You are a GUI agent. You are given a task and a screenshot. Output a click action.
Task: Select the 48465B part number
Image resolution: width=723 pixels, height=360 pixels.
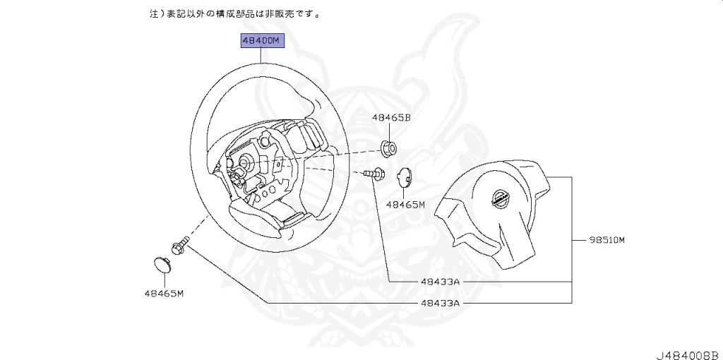pos(391,119)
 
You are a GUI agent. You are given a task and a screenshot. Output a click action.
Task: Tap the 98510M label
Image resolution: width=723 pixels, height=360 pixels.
pos(608,240)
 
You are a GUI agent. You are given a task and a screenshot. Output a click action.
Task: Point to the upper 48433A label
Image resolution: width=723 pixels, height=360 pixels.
pos(440,281)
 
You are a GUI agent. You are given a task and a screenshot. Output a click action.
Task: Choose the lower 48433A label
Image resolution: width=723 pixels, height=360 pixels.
pos(440,303)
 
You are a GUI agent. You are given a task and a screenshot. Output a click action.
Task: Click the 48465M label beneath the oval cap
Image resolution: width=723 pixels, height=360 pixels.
pos(164,293)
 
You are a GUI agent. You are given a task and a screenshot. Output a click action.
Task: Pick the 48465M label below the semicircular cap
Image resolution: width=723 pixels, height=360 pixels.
pos(405,205)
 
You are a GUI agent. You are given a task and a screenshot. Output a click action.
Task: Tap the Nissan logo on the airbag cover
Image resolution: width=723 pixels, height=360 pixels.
pos(501,199)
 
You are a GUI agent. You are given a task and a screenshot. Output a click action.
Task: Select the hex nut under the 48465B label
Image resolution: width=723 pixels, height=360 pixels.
pos(388,148)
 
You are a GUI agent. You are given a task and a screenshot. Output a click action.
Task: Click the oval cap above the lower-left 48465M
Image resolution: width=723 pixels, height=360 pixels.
pos(164,266)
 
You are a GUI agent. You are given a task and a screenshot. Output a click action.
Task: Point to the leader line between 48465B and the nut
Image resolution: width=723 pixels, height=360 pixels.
pos(390,133)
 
